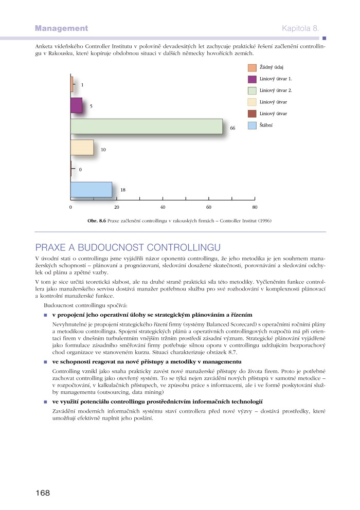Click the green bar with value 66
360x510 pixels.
[x=147, y=126]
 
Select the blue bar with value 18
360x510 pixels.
[x=91, y=190]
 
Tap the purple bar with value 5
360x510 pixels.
[x=76, y=105]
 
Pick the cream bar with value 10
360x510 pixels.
[x=82, y=148]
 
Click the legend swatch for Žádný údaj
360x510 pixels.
[x=252, y=68]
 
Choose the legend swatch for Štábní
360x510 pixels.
[x=252, y=125]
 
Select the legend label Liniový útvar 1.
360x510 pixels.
[x=276, y=79]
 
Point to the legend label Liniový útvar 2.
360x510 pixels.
[x=276, y=90]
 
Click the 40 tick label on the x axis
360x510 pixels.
[x=163, y=207]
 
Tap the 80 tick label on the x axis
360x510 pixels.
[x=255, y=207]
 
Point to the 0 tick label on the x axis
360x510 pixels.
[x=70, y=207]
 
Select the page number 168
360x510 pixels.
[x=43, y=493]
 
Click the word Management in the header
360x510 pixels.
[x=62, y=28]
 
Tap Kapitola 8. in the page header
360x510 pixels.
[x=300, y=28]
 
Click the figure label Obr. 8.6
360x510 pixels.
[x=97, y=221]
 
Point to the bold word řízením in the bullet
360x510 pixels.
[x=240, y=314]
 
